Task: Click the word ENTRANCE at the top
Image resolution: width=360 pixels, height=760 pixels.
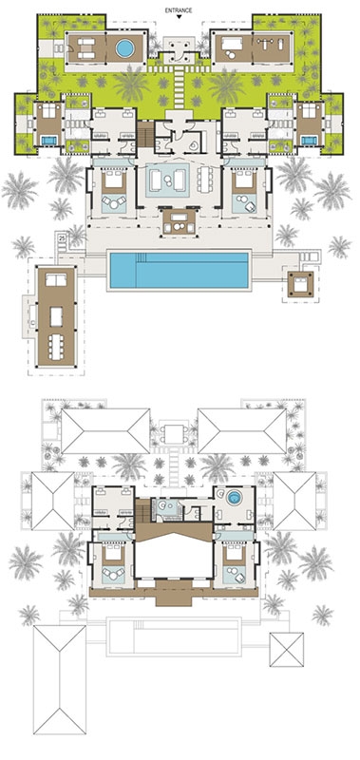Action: pos(179,9)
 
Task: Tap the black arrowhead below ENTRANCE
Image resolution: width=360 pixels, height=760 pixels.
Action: pos(179,17)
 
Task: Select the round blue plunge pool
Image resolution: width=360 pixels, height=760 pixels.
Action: pos(124,48)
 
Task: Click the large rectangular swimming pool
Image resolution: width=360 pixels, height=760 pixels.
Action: pos(179,270)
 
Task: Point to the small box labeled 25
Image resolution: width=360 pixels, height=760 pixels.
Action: pos(62,237)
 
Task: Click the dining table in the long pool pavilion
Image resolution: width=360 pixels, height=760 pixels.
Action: pos(56,347)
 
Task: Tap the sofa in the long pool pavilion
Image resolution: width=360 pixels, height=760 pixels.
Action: pos(56,279)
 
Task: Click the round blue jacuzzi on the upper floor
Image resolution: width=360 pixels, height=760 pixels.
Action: pos(235,498)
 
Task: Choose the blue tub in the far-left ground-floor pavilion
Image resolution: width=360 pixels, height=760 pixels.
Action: pos(48,141)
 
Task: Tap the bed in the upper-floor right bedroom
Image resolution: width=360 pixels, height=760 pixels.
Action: pos(235,554)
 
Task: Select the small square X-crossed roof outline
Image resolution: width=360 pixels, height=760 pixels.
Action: pos(287,650)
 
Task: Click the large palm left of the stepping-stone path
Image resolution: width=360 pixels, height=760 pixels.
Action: pos(131,85)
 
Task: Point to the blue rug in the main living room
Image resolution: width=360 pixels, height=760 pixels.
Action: pos(167,180)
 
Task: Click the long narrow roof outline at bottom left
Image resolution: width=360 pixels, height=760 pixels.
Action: pos(60,679)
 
